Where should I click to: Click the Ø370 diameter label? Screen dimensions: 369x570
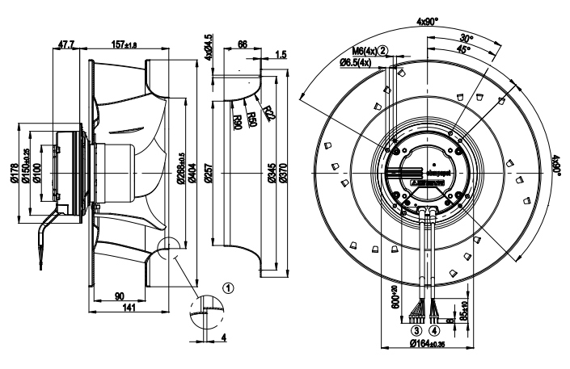click(x=281, y=172)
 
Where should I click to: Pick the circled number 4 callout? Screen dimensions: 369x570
click(x=435, y=330)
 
